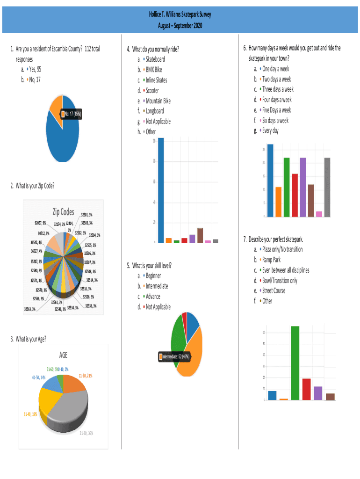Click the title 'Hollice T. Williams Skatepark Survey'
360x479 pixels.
click(180, 15)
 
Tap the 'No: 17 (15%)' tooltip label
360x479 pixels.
click(71, 115)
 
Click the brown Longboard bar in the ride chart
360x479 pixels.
click(200, 235)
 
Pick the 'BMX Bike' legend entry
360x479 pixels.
click(154, 70)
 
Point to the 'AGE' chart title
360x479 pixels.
click(63, 356)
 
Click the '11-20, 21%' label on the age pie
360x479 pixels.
click(88, 375)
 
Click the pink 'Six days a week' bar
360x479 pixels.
click(319, 214)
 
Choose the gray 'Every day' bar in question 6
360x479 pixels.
click(327, 187)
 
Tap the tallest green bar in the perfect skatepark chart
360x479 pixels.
click(295, 363)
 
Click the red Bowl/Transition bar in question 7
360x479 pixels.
click(307, 389)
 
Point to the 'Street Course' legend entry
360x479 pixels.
click(274, 290)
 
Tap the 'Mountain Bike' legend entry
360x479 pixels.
click(158, 101)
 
